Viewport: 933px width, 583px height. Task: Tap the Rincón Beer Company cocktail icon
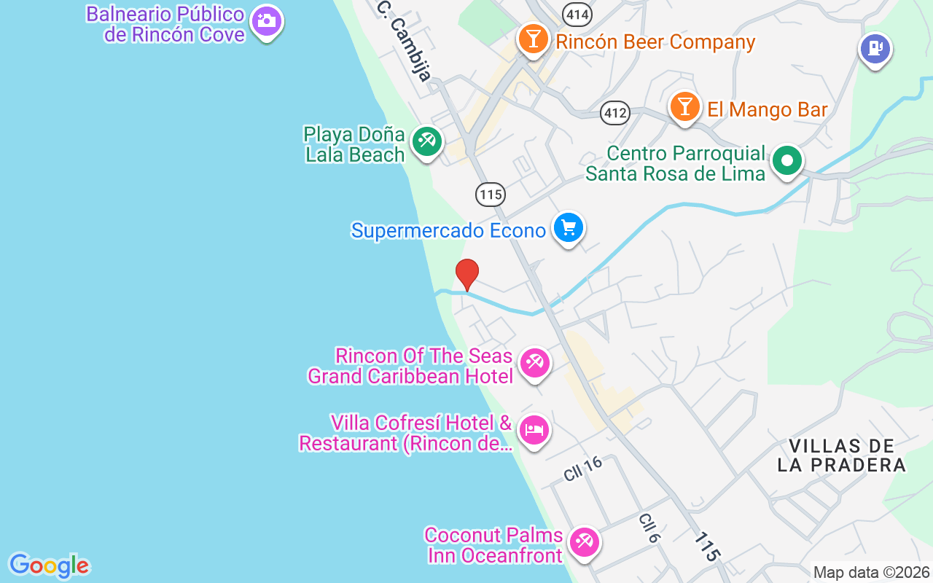pos(534,39)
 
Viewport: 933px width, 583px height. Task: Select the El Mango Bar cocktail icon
pos(684,106)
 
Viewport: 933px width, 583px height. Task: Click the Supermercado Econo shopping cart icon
pos(568,228)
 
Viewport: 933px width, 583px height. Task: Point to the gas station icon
pos(875,49)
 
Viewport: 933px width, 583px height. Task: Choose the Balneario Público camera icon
pos(266,20)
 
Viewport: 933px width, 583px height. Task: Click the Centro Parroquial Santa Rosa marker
pos(787,160)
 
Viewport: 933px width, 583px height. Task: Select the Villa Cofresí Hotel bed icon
pos(534,430)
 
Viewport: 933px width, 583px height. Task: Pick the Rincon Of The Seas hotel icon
pos(535,363)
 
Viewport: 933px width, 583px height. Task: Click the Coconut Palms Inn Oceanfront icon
pos(584,542)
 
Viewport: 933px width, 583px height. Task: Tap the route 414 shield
pos(577,14)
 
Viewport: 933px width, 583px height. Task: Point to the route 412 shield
pos(615,113)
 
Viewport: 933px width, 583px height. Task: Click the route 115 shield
pos(491,195)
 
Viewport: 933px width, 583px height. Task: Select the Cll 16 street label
pos(583,468)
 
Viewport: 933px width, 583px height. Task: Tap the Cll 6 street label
pos(649,528)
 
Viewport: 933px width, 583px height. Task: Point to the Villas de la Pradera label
pos(841,455)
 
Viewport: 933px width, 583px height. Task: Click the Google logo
pos(49,566)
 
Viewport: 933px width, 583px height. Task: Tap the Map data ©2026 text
pos(871,573)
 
